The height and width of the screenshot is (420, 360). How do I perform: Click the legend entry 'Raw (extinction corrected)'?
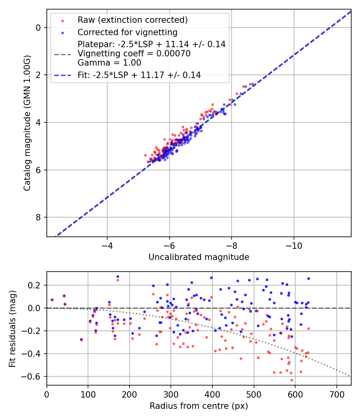pos(132,20)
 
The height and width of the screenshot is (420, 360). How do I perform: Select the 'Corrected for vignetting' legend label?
pos(127,32)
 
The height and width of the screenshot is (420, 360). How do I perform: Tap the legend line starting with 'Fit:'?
pos(139,75)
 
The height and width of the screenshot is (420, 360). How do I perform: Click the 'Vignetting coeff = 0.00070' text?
pos(134,54)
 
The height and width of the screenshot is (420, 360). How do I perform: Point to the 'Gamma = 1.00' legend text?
pos(109,62)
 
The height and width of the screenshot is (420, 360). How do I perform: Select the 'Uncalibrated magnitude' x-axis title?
pos(199,257)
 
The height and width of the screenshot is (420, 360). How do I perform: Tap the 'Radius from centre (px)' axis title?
pos(199,406)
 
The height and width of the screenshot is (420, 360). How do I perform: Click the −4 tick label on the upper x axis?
pos(107,245)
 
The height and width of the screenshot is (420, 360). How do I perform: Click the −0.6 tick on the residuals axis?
pos(34,376)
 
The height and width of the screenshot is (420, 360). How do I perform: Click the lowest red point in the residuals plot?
pos(292,380)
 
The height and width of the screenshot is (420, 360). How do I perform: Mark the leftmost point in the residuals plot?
pos(52,300)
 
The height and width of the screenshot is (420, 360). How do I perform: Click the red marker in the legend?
pos(62,20)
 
